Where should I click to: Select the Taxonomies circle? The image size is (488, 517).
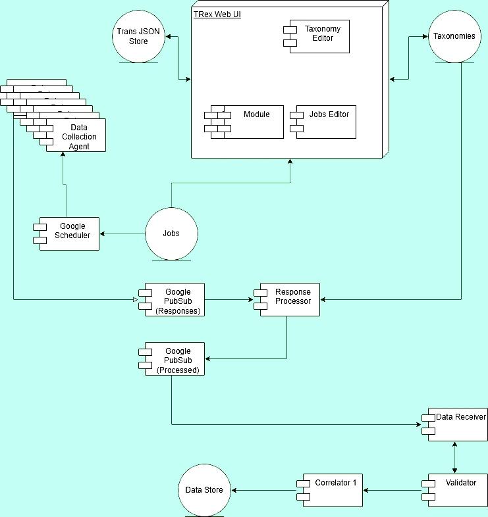(x=454, y=36)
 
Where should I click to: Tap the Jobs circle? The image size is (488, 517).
(x=171, y=234)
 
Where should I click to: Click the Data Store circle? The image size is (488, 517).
(x=203, y=490)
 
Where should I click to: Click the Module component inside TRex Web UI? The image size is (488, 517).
(x=250, y=122)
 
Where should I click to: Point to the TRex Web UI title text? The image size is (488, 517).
(x=217, y=14)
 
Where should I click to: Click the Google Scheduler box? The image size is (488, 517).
(x=69, y=234)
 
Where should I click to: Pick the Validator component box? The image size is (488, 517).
(x=457, y=490)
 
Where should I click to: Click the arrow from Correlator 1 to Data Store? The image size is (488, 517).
(x=263, y=490)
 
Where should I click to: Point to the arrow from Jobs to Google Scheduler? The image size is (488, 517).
(x=122, y=234)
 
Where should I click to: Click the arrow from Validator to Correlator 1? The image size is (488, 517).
(x=392, y=490)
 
